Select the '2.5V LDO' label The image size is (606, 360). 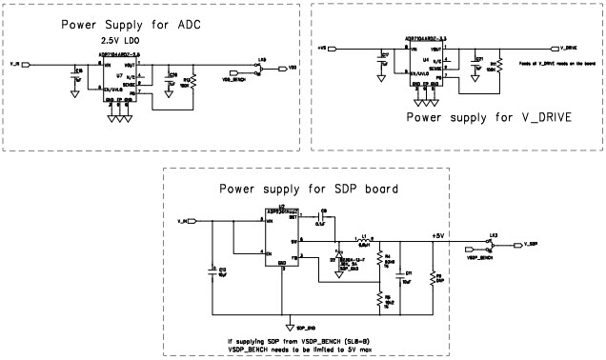point(120,42)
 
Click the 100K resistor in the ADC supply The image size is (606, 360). point(194,80)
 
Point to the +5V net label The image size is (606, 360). point(437,234)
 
